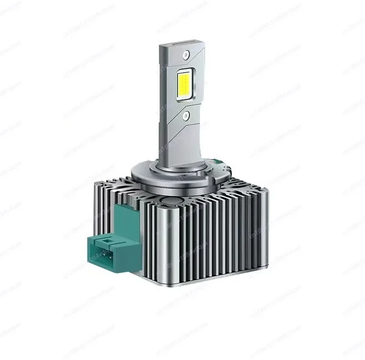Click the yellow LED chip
[184, 84]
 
